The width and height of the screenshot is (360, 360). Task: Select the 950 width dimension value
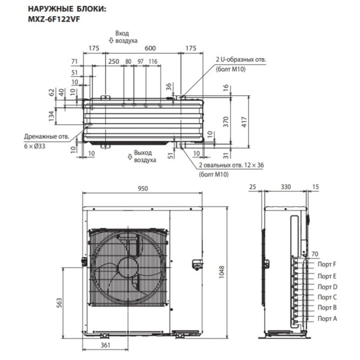tap(143, 188)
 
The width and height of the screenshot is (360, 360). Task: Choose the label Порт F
tap(327, 264)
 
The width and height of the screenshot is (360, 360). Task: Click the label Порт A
tap(327, 318)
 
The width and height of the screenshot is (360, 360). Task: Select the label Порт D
tap(327, 286)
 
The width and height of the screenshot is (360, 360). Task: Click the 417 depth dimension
tap(244, 122)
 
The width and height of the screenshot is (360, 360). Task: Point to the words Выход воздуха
tap(145, 157)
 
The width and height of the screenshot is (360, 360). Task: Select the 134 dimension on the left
tap(52, 114)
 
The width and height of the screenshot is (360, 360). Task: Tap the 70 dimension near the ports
tap(314, 254)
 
